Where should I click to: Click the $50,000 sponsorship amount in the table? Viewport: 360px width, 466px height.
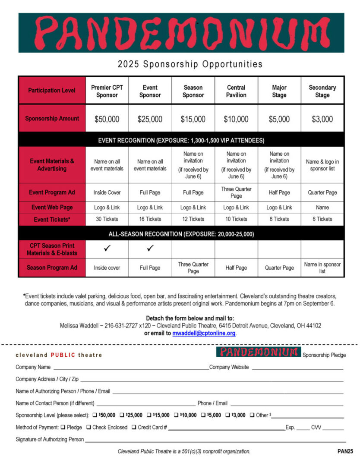pyautogui.click(x=107, y=119)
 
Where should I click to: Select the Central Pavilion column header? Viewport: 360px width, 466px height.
pyautogui.click(x=236, y=91)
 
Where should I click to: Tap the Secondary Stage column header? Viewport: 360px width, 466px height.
pyautogui.click(x=322, y=91)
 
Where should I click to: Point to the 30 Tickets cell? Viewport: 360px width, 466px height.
pyautogui.click(x=107, y=219)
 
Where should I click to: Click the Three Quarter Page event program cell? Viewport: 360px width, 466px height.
pyautogui.click(x=236, y=192)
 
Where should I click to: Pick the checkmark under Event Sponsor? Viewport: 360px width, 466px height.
pyautogui.click(x=150, y=249)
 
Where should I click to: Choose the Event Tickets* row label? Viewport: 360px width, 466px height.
pyautogui.click(x=52, y=220)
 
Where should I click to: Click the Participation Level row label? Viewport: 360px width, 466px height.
pyautogui.click(x=52, y=91)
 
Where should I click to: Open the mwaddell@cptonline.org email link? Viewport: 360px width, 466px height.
pyautogui.click(x=204, y=334)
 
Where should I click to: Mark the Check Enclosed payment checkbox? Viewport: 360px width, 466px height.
pyautogui.click(x=88, y=427)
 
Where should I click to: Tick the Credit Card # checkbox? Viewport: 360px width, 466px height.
pyautogui.click(x=134, y=427)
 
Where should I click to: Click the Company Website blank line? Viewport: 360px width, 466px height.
pyautogui.click(x=297, y=368)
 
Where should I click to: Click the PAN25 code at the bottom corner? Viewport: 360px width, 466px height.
pyautogui.click(x=345, y=451)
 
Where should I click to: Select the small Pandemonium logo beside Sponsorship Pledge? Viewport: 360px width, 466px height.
pyautogui.click(x=258, y=352)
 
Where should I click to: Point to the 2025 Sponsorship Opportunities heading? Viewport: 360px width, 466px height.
pyautogui.click(x=190, y=64)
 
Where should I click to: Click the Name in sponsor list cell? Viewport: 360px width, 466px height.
pyautogui.click(x=322, y=268)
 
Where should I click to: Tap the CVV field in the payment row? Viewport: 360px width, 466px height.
pyautogui.click(x=333, y=428)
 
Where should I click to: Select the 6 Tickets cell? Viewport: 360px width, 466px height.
pyautogui.click(x=322, y=219)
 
